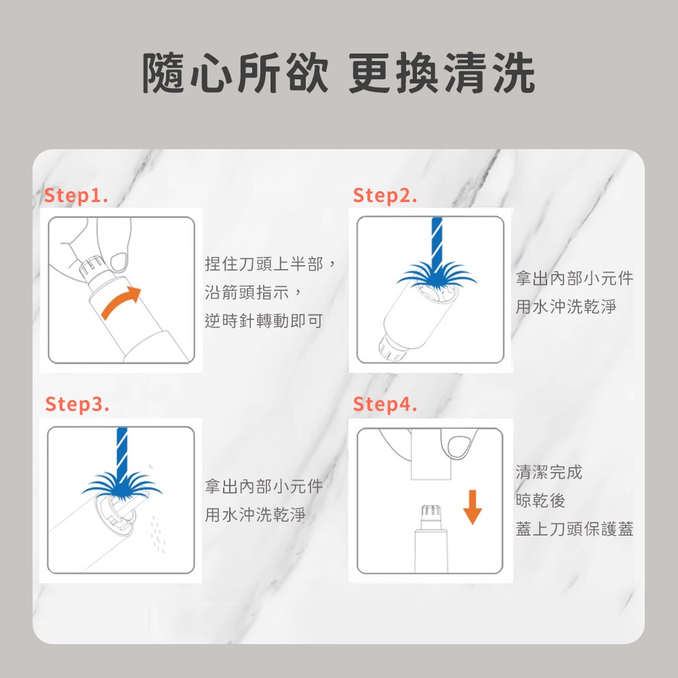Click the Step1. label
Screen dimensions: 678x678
pos(76,197)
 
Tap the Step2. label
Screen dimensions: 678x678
pos(385,197)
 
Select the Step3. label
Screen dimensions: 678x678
pos(76,405)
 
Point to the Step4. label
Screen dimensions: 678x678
pos(385,405)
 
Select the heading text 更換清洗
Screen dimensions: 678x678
pos(441,73)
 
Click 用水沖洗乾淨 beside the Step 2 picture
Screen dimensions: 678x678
pos(566,306)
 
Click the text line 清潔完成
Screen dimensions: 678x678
pos(549,472)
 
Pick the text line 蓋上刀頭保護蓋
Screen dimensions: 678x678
pos(574,530)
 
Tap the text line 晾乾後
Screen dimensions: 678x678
pos(540,501)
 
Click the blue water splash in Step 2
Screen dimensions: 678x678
pos(436,276)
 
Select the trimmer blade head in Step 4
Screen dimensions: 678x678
pos(430,518)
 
